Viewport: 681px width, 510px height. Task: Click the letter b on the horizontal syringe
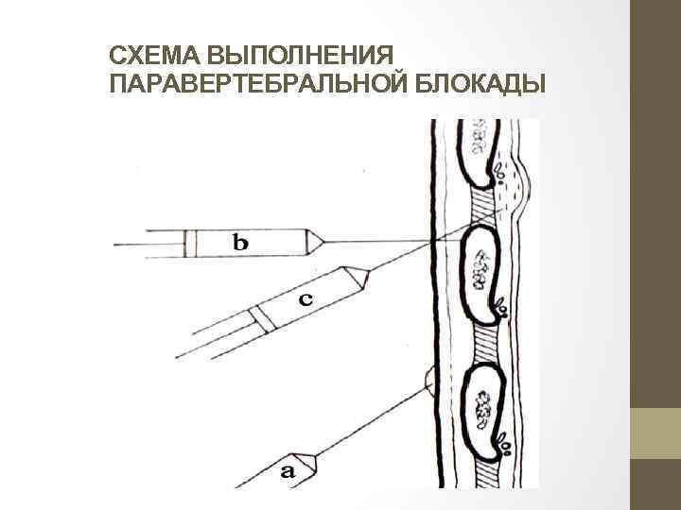242,243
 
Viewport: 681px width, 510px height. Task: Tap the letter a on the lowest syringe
288,468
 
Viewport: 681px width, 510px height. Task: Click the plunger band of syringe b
190,243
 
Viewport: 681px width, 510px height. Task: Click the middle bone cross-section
481,269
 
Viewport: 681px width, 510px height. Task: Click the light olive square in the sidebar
655,433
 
